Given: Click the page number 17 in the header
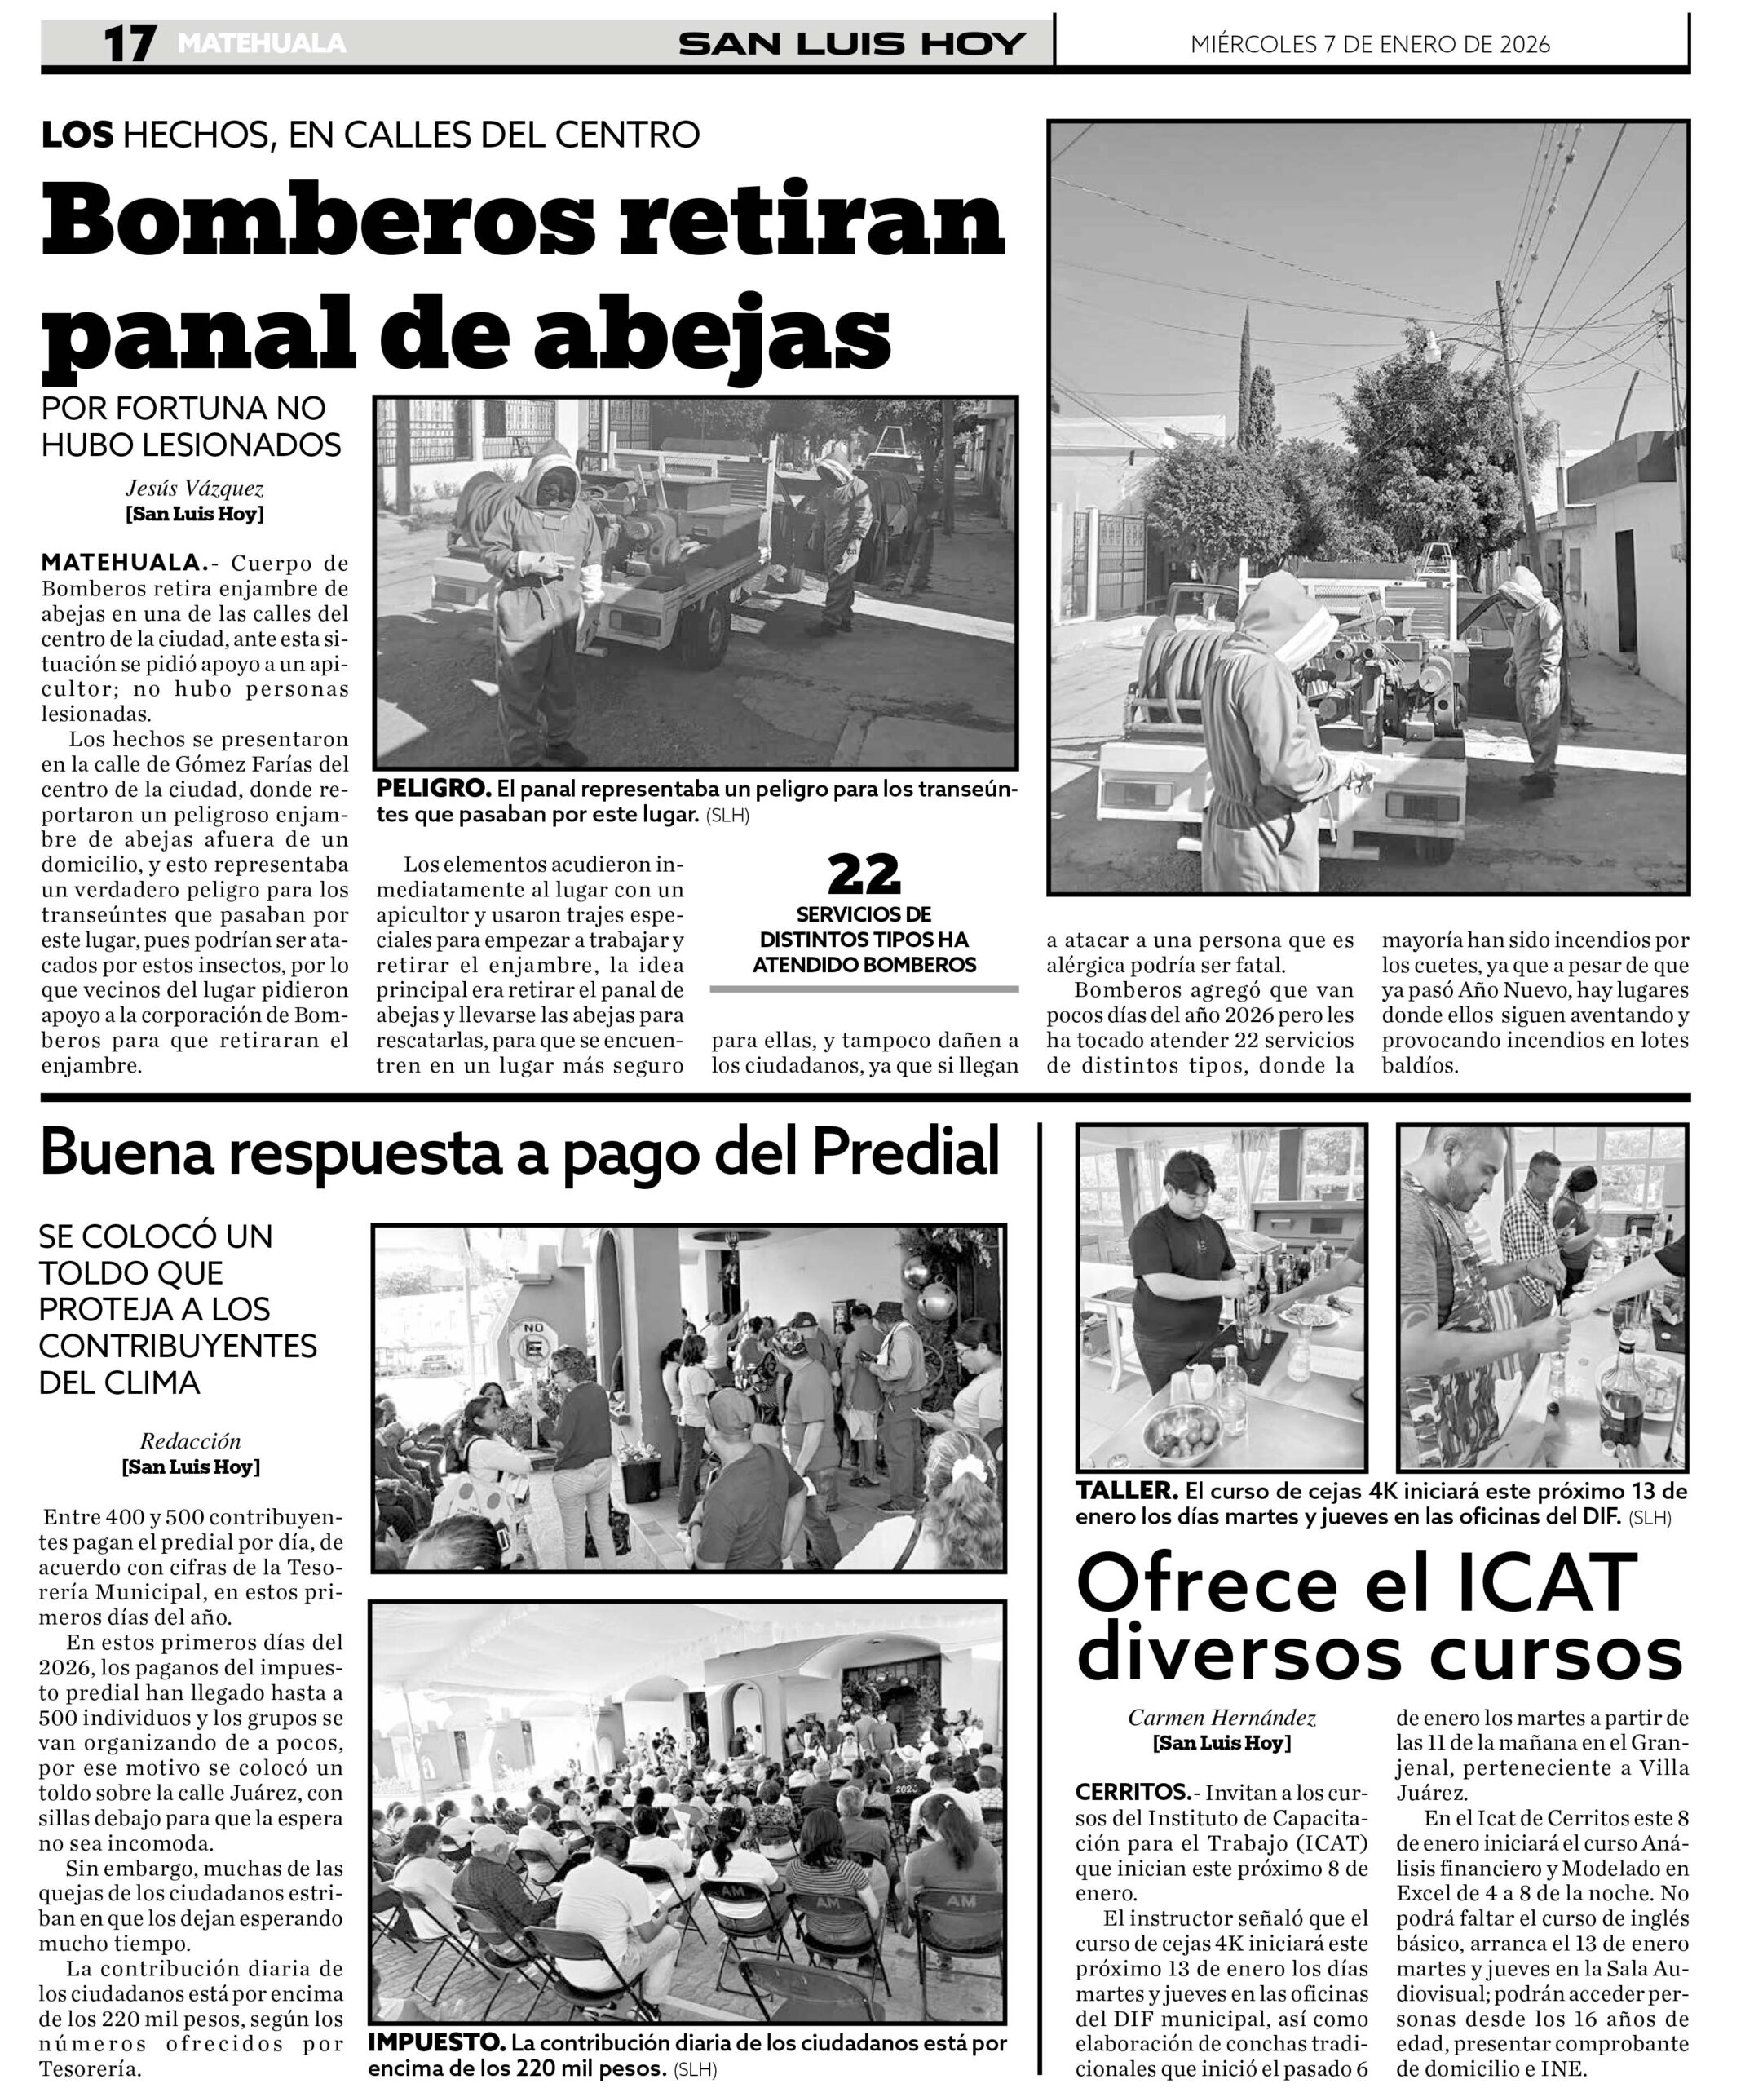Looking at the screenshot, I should pos(130,45).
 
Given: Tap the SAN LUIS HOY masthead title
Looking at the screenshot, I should pos(851,45).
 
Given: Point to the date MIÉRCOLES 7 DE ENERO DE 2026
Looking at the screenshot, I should pos(1369,45).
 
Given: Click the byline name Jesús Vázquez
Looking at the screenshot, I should pos(194,489).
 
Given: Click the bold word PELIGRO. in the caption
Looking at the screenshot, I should pos(432,789).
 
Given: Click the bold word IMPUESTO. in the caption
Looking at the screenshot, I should pos(435,2043).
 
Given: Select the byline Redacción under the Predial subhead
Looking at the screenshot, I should pos(190,1440).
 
